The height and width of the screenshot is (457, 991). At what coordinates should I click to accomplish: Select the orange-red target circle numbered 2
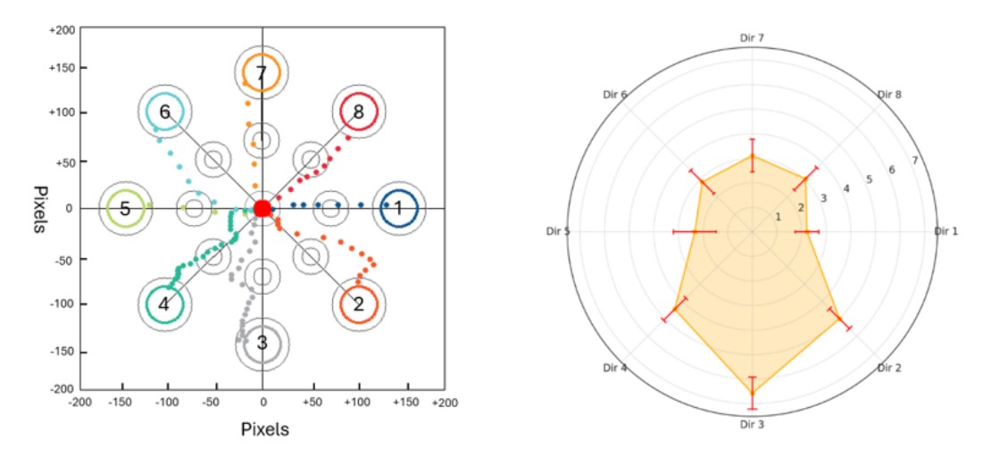coord(359,304)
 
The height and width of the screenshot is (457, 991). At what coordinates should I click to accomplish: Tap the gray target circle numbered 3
coord(262,343)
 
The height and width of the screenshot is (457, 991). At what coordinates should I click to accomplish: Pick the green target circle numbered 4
coord(164,304)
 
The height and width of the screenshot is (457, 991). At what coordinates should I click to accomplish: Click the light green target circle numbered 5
coord(125,209)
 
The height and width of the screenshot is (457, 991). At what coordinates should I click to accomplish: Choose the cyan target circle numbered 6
coord(164,112)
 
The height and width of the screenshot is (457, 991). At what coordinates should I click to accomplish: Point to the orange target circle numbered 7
coord(262,73)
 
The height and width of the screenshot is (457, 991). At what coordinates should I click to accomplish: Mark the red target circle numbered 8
coord(358,112)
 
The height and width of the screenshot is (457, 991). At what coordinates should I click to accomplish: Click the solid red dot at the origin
coord(262,208)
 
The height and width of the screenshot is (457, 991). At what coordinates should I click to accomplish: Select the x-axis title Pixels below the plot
coord(265,429)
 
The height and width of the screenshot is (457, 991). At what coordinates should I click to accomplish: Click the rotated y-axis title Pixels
coord(41,209)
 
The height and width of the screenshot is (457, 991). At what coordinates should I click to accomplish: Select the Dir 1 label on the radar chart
coord(945,231)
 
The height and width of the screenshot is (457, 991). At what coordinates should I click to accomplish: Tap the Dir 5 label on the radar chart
coord(560,232)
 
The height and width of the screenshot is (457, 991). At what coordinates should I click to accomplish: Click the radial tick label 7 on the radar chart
coord(914,160)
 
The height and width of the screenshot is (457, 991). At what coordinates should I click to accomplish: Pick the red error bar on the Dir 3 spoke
coord(752,393)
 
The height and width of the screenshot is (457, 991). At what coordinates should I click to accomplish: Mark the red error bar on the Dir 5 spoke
coord(694,232)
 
